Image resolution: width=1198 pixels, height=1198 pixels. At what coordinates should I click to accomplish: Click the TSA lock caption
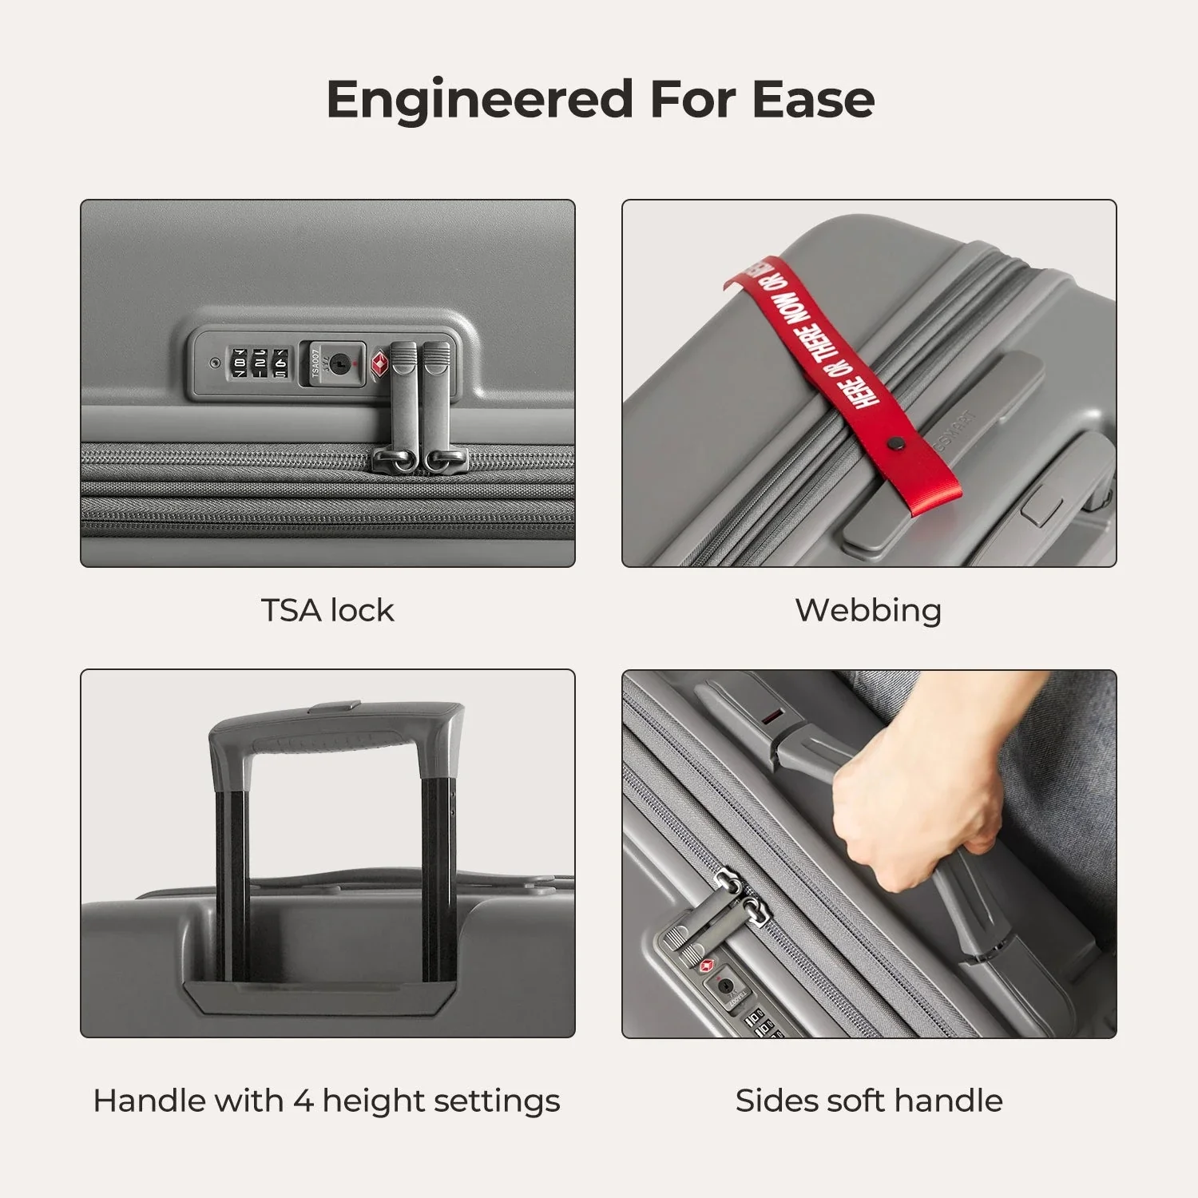[327, 610]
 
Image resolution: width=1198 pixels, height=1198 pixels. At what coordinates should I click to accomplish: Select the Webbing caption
[868, 610]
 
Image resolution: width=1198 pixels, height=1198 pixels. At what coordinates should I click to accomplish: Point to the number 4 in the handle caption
[303, 1101]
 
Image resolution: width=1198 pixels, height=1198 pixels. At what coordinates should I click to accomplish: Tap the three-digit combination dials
[259, 363]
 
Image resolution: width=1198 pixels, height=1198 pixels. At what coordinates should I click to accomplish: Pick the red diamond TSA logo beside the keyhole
[379, 365]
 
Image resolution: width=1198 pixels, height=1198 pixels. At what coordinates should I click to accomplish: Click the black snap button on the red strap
[895, 442]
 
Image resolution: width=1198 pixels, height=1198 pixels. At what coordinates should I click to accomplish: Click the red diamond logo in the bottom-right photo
[706, 967]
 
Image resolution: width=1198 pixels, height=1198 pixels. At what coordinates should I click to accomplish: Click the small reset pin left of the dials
[214, 363]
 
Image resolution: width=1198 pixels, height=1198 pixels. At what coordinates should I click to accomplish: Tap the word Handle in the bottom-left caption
[143, 1101]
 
